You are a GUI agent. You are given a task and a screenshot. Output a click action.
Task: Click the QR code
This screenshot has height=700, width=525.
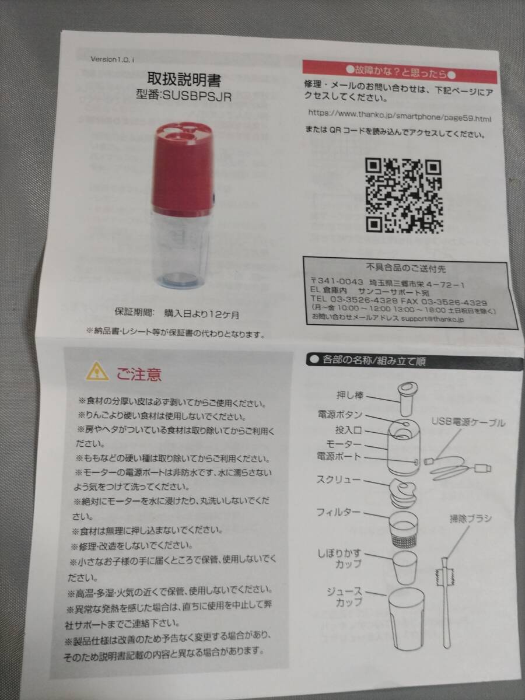[x=402, y=195]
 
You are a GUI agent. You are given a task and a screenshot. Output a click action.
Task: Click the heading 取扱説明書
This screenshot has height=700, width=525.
[x=184, y=79]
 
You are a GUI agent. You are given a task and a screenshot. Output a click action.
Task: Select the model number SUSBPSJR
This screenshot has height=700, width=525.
[x=183, y=96]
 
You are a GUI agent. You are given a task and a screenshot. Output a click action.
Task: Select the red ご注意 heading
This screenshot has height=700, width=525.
[x=138, y=373]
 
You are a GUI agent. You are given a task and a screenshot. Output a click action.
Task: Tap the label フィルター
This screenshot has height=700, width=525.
[x=339, y=513]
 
